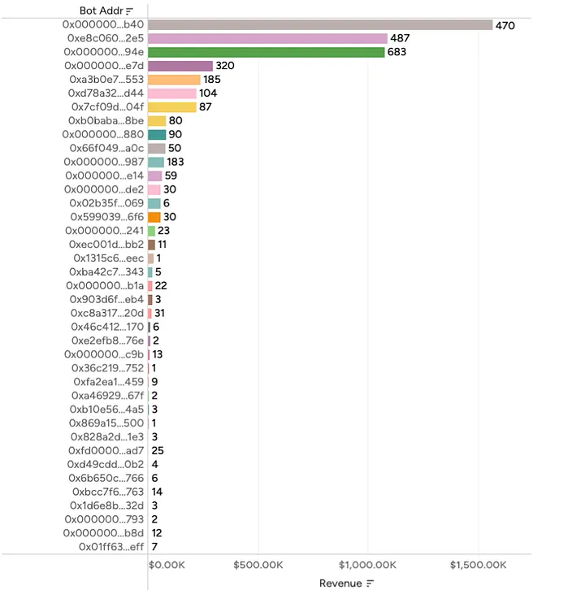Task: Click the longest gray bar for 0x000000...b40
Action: tap(320, 25)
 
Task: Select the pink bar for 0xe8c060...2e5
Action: tap(267, 39)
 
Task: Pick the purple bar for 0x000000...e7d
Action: tap(180, 66)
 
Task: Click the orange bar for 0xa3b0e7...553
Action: tap(174, 80)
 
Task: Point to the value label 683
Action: tap(397, 53)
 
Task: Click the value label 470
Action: tap(505, 26)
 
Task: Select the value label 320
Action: tap(225, 66)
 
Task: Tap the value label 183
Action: tap(175, 163)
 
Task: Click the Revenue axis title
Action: tap(340, 583)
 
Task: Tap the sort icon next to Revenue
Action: tap(370, 583)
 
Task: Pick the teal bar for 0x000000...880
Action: tap(157, 135)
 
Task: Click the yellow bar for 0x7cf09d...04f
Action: tap(172, 107)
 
